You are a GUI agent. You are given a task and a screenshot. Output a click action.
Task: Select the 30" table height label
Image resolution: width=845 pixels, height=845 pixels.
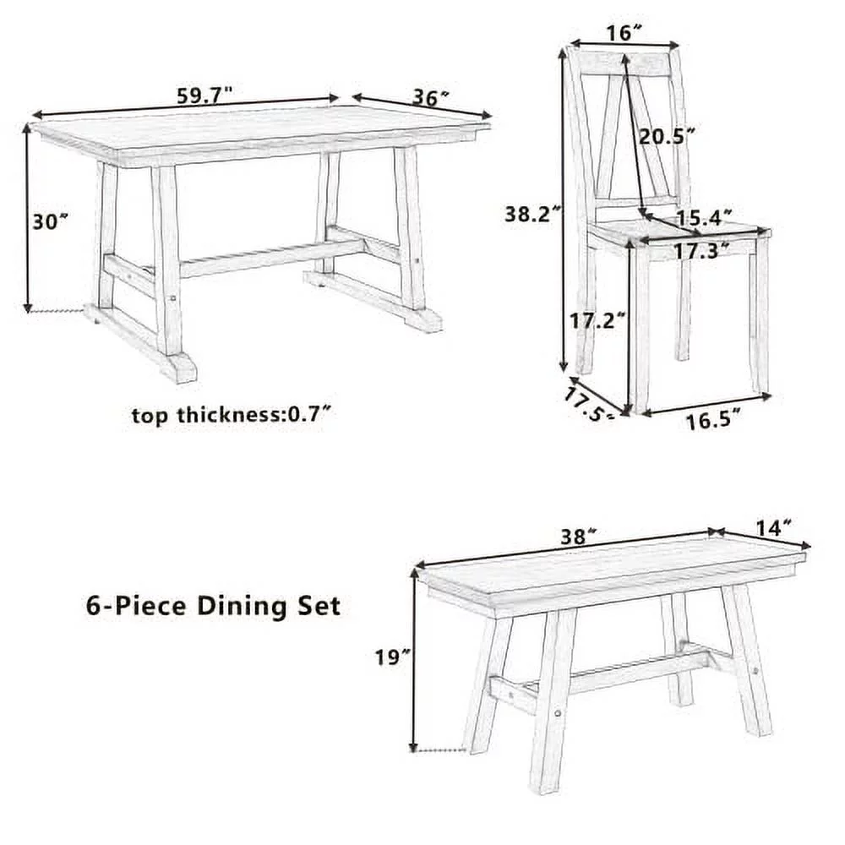pos(50,221)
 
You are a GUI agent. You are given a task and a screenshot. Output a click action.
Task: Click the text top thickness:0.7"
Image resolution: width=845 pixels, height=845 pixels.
pos(230,415)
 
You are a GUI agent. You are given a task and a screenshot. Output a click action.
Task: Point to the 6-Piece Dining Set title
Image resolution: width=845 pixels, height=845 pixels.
pos(213,605)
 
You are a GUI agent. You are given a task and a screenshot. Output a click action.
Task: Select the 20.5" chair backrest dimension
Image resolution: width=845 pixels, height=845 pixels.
pos(667,135)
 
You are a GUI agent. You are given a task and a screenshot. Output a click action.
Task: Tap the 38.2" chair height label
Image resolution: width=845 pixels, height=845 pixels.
pos(533,214)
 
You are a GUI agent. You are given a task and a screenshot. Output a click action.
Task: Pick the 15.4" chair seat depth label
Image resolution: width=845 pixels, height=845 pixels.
pos(703,217)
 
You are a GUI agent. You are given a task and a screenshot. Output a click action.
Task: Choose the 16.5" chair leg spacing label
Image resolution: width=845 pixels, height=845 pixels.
pos(713,419)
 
